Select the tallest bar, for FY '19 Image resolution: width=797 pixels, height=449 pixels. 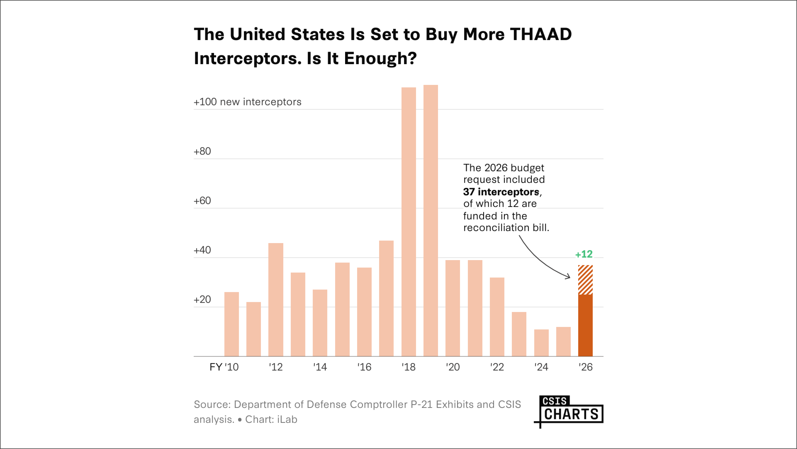[x=431, y=220]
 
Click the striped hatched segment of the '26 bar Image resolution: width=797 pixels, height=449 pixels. [x=585, y=280]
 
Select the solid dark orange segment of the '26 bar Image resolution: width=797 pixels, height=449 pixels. [x=585, y=325]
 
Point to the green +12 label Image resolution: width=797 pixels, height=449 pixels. [x=584, y=254]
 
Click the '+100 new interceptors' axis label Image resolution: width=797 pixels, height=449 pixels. [x=247, y=102]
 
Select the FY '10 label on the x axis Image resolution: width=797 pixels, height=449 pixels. [x=224, y=367]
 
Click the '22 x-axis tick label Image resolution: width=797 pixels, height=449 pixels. [x=497, y=367]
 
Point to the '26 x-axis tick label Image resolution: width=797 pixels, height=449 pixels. [x=585, y=367]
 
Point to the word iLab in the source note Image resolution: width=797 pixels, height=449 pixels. [x=287, y=420]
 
